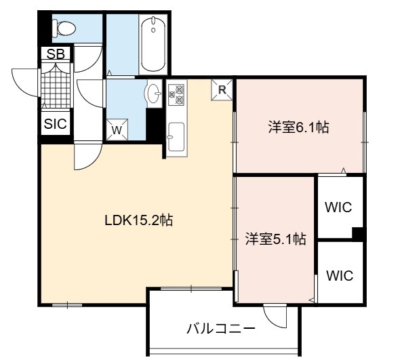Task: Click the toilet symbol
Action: coord(63,28)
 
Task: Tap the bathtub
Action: coord(153,43)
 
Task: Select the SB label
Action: coord(56,54)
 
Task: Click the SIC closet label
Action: coord(56,123)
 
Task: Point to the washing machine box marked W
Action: coord(117,129)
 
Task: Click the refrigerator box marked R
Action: coord(222,90)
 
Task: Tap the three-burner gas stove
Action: coord(176,94)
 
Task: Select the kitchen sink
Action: coord(176,137)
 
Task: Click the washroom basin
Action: coord(153,94)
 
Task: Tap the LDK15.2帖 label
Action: coord(139,220)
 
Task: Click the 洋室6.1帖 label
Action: coord(298,127)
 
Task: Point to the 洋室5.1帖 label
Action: coord(275,239)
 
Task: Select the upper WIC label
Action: coord(338,207)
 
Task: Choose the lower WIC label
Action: coord(340,275)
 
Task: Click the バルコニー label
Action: coord(221,329)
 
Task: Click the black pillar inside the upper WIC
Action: coord(358,233)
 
